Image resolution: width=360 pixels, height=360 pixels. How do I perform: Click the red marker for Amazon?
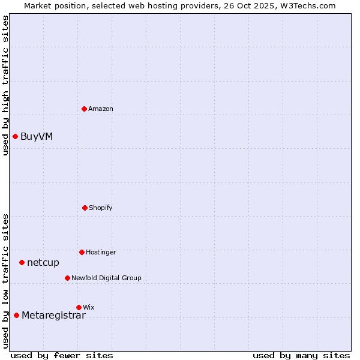pos(84,109)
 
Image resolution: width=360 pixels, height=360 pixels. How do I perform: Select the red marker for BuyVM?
pos(15,136)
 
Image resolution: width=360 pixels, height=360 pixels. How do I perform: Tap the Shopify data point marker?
pos(85,208)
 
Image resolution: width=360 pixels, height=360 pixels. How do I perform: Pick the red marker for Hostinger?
pos(82,252)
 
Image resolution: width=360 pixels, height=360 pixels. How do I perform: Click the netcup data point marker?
pos(22,262)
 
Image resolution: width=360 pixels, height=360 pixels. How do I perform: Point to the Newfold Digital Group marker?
pos(67,278)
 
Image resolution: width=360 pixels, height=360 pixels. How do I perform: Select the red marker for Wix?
pos(79,307)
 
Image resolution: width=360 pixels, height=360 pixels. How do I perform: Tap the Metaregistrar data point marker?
pos(16,315)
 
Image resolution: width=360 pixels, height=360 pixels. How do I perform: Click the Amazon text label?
pos(101,109)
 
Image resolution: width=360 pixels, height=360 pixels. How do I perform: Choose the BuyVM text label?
pos(37,136)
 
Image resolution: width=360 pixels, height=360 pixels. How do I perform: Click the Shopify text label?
pos(101,208)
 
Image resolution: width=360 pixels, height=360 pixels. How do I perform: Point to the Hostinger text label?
pos(101,252)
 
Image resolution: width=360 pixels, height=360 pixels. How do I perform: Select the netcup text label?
pos(43,262)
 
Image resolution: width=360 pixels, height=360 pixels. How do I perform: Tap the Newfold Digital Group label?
pos(106,278)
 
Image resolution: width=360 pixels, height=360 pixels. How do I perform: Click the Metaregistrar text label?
pos(53,316)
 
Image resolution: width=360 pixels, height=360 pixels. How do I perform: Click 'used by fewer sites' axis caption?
pos(62,355)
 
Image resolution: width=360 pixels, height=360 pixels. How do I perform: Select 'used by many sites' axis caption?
pos(301,355)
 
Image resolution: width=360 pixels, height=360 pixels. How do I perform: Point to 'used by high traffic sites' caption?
pos(5,85)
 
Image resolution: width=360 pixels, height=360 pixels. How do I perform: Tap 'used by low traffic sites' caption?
pos(5,281)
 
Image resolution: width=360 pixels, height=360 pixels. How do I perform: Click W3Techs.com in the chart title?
pos(307,5)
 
